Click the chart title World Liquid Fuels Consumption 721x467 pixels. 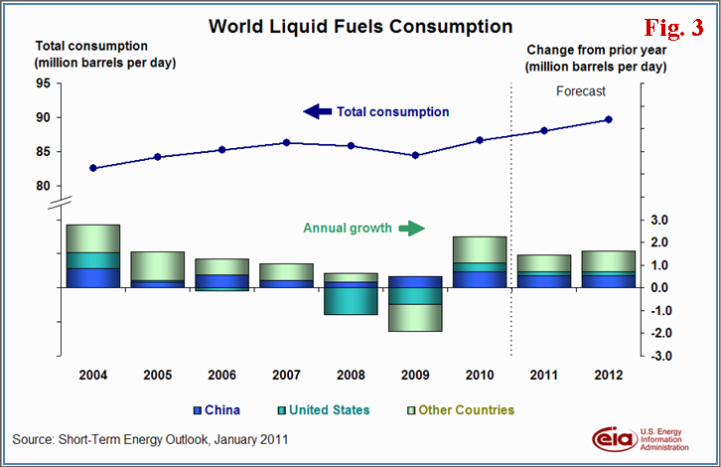pyautogui.click(x=360, y=26)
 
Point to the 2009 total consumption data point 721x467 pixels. pyautogui.click(x=415, y=155)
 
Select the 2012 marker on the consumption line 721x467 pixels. pyautogui.click(x=608, y=119)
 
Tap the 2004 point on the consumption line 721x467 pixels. pyautogui.click(x=93, y=168)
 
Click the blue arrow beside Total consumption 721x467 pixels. pyautogui.click(x=318, y=111)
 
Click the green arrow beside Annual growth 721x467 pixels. pyautogui.click(x=409, y=228)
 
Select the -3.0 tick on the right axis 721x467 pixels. pyautogui.click(x=662, y=356)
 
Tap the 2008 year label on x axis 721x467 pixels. pyautogui.click(x=351, y=376)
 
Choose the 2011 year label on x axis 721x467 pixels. pyautogui.click(x=543, y=376)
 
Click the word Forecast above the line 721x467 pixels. pyautogui.click(x=579, y=91)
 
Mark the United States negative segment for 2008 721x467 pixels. pyautogui.click(x=351, y=300)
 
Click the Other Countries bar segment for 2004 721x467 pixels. pyautogui.click(x=93, y=238)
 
